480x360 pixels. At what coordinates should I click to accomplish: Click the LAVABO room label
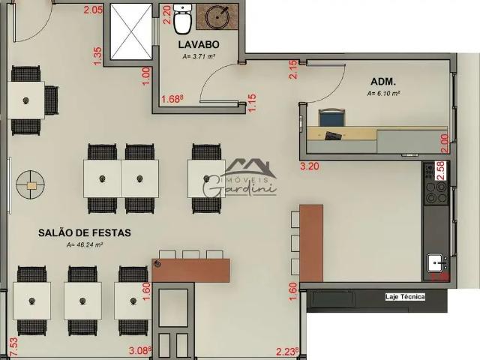coord(198,45)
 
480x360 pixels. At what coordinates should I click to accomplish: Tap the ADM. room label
coord(383,81)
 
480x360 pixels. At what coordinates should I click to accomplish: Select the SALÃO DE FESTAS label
coord(85,233)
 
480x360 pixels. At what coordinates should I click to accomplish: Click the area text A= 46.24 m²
coord(84,244)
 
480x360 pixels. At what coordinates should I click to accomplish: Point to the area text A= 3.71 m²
coord(198,56)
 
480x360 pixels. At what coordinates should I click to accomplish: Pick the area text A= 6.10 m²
coord(383,94)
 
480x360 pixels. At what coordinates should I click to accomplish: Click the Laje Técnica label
coord(405,297)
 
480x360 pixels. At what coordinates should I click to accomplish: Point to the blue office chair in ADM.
coord(331,118)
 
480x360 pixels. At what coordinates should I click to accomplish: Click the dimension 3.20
coord(310,166)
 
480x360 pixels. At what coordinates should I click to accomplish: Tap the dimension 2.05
coord(93,10)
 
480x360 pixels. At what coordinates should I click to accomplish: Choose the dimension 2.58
coord(441,170)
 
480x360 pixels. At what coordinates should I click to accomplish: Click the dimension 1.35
coord(97,55)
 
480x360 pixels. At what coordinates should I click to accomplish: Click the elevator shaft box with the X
coord(130,31)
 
